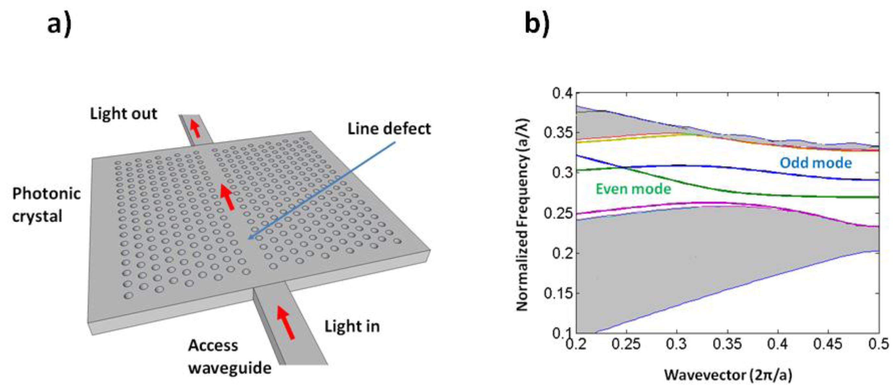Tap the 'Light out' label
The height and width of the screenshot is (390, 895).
(123, 114)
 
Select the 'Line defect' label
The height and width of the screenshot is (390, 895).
(389, 129)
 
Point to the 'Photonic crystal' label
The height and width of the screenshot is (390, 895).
(46, 205)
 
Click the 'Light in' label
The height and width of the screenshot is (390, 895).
(352, 326)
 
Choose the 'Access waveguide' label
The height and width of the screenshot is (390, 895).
(229, 357)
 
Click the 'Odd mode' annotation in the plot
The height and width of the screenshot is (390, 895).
(816, 163)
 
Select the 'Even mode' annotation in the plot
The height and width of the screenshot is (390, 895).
(633, 189)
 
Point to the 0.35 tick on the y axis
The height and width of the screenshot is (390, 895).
(558, 133)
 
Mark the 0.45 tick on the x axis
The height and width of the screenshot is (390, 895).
(828, 345)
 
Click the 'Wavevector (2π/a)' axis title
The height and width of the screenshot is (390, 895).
(728, 375)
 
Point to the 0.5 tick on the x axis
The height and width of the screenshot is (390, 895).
(879, 345)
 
